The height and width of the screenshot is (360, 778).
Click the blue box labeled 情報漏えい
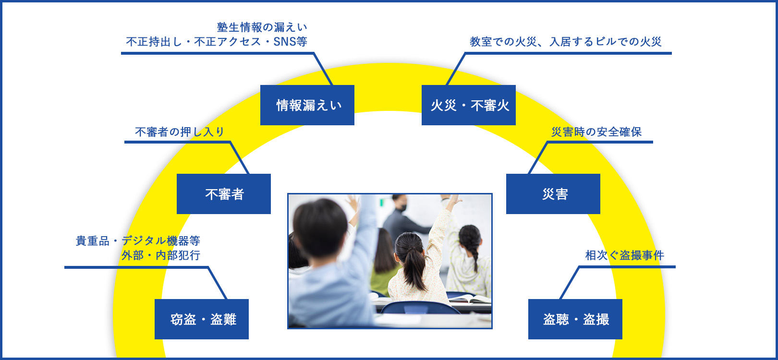point(307,105)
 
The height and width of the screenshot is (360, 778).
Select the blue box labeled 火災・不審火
point(469,105)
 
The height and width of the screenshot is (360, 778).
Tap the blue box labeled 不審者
point(224,194)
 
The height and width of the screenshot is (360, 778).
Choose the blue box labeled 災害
point(553,194)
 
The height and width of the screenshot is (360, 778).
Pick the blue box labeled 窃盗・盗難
point(201,319)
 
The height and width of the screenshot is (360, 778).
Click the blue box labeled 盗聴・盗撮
point(575,319)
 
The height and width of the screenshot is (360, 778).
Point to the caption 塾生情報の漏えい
point(262,27)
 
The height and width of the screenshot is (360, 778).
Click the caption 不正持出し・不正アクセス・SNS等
point(217,42)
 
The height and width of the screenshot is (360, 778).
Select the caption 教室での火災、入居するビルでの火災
point(565,42)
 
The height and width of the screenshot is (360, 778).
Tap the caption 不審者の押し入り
point(180,132)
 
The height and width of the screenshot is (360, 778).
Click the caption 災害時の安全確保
point(596,132)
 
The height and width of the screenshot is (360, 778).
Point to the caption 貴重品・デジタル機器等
point(138,241)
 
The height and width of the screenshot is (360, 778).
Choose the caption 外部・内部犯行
point(161,255)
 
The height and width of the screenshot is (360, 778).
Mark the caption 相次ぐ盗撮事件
point(624,255)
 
